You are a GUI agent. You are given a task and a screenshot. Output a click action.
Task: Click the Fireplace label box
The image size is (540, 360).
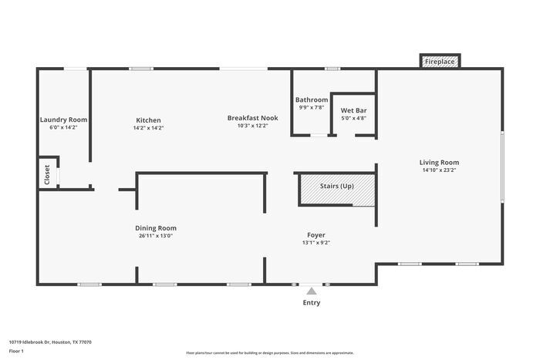click(x=440, y=61)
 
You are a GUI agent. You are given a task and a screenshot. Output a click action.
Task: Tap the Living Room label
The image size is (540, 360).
click(x=439, y=163)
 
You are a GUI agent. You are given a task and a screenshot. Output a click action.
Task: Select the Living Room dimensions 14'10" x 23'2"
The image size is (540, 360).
click(x=439, y=170)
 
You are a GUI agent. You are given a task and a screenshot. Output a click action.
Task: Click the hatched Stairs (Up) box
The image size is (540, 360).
click(x=336, y=189)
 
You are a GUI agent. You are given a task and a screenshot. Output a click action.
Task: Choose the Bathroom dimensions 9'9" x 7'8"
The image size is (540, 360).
click(x=312, y=108)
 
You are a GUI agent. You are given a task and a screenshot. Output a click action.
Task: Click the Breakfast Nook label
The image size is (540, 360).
click(x=252, y=118)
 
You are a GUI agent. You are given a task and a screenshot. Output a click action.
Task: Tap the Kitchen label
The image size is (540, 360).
click(x=148, y=120)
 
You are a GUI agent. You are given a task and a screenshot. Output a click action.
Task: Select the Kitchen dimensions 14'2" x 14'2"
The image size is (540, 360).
click(x=148, y=128)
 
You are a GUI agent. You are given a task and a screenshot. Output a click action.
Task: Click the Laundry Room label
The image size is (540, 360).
click(x=63, y=120)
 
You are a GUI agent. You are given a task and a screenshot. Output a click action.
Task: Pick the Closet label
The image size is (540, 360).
click(x=47, y=175)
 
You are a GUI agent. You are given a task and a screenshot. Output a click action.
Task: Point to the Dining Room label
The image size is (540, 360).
click(x=156, y=228)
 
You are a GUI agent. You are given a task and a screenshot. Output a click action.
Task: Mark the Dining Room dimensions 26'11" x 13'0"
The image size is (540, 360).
click(x=156, y=236)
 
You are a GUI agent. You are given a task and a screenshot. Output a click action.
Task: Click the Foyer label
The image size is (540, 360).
click(x=316, y=235)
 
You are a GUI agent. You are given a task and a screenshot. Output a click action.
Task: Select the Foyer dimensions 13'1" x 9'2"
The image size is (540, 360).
click(x=316, y=243)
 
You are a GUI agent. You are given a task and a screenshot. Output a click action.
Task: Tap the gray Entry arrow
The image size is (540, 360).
click(x=311, y=291)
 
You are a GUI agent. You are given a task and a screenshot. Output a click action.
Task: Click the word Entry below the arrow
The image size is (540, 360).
click(x=311, y=303)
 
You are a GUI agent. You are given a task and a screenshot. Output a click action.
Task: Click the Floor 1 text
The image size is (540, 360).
click(x=17, y=351)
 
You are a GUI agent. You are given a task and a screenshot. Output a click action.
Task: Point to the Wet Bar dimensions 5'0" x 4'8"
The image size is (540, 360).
click(x=353, y=119)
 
